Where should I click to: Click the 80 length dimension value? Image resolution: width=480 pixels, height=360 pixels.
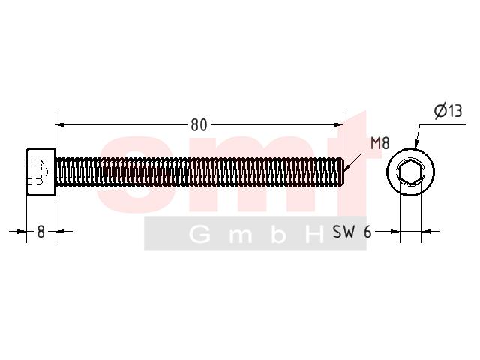point(199,125)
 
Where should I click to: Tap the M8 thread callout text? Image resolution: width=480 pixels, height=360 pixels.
point(380,143)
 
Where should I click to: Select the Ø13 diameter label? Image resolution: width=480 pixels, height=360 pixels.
point(448,110)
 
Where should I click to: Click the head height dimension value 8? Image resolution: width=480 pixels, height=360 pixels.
point(40,232)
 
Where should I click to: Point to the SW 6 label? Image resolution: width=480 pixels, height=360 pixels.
point(352,232)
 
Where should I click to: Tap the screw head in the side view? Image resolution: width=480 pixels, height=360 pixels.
point(41,172)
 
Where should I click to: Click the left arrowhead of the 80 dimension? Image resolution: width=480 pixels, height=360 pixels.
point(60,124)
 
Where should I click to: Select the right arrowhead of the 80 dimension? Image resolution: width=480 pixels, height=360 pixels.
point(338,124)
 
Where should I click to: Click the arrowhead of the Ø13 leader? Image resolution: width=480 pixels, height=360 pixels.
point(415,144)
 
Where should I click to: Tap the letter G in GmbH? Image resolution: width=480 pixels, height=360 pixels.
point(200,235)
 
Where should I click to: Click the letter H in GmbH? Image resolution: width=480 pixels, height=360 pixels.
point(315,235)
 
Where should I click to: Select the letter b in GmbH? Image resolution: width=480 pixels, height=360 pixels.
point(278,235)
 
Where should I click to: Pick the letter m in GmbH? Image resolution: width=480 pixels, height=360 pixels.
point(241,237)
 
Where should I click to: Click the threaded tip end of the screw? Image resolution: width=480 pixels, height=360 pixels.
point(342,172)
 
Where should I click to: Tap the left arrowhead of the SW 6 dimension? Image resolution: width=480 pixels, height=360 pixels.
point(395,232)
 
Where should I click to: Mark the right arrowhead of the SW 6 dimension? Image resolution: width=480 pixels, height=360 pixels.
point(426,232)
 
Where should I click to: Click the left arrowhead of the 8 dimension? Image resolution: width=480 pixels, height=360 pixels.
point(22,232)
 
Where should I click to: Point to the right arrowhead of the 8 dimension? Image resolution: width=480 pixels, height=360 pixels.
point(60,232)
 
